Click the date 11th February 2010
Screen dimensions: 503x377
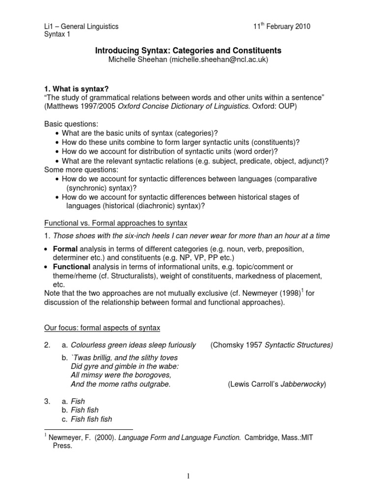click(x=282, y=26)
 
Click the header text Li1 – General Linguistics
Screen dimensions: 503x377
click(x=81, y=27)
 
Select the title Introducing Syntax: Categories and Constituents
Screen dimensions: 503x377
click(x=188, y=51)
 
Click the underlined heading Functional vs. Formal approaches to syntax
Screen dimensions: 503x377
click(x=116, y=224)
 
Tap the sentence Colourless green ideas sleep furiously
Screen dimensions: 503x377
click(x=133, y=345)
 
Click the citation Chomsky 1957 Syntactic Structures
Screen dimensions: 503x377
click(x=271, y=345)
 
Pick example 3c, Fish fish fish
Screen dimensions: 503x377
click(x=91, y=419)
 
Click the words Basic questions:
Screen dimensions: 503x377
click(x=70, y=124)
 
